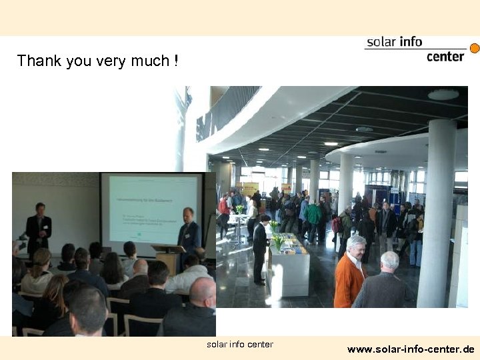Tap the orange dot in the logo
click(x=475, y=49)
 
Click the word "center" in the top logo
click(x=445, y=56)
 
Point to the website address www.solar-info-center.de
click(x=411, y=349)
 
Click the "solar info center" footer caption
click(x=240, y=345)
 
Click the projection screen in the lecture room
click(x=153, y=209)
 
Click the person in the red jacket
click(x=224, y=209)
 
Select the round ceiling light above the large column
click(x=443, y=95)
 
